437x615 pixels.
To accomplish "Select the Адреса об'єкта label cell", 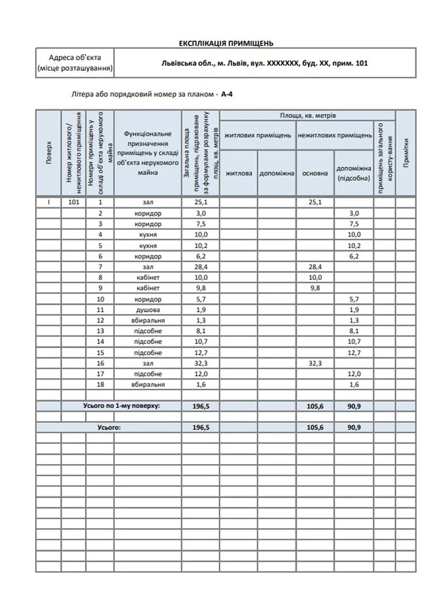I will point(75,62).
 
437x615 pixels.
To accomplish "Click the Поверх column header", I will point(48,152).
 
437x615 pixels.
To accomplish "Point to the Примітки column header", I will point(406,152).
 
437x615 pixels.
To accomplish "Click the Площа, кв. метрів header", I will point(308,115).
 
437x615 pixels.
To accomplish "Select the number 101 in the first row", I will point(74,202).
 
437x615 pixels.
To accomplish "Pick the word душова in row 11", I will point(148,310).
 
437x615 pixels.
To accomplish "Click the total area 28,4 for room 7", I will point(200,267).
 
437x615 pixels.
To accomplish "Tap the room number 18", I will point(100,385).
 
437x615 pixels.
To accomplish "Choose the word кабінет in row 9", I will point(148,288).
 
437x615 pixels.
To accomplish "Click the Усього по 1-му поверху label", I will point(121,406).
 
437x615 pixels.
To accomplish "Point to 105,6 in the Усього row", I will point(314,428).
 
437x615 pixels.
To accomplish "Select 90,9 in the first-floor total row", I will point(354,406).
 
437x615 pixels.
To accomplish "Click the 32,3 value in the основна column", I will point(314,363).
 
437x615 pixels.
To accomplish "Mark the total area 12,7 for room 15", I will point(200,353).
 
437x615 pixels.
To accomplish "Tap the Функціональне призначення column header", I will point(148,152).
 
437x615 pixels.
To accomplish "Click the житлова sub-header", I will point(239,173).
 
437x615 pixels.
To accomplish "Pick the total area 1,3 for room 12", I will point(200,320).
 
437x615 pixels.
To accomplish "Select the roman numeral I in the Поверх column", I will point(48,202).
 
